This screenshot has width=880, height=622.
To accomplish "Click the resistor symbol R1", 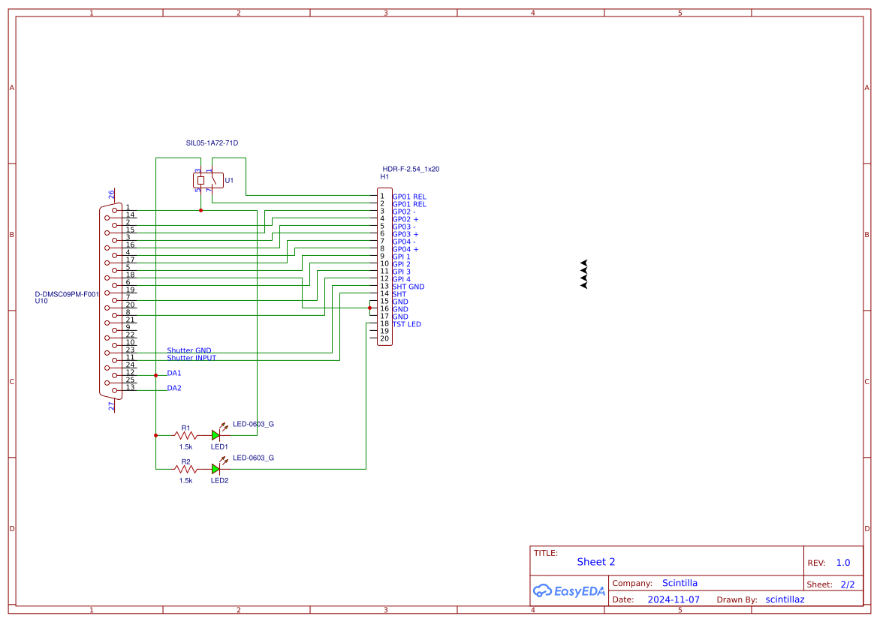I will pos(185,435).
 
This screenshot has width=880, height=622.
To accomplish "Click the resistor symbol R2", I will pos(185,469).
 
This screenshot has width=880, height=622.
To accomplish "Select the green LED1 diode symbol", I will pos(216,435).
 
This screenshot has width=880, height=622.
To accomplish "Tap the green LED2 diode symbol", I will pos(216,469).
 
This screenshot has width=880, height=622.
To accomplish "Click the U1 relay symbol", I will pos(208,181).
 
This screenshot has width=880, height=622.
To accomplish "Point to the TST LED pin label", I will pos(406,324).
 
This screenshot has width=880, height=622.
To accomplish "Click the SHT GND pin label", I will pos(408,287).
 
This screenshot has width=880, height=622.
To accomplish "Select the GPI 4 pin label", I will pos(401,279).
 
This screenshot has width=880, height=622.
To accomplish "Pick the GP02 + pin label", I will pos(405,219).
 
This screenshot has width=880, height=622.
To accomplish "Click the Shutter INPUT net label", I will pos(191,358).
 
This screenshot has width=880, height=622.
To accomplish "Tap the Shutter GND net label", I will pos(188,350).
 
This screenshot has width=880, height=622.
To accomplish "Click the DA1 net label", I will pos(174,373).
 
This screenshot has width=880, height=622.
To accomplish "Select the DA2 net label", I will pos(174,388).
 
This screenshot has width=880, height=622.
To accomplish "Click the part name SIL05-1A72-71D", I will pos(217,143).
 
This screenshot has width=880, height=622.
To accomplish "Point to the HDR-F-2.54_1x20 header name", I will pos(411,169).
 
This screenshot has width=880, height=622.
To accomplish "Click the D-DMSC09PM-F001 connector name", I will pos(67,294).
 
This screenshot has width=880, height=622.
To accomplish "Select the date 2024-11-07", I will pos(674,599).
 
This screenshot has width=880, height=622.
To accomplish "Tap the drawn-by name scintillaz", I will pos(785,599).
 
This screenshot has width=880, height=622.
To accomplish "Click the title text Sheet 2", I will pos(595,562).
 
